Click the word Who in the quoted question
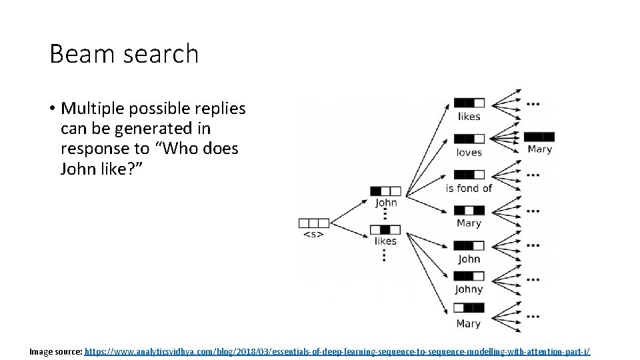(x=181, y=148)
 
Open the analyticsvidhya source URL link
(x=337, y=351)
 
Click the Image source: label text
(x=56, y=351)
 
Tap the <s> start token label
(x=313, y=235)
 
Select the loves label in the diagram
(x=469, y=152)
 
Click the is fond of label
(x=469, y=188)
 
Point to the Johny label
(x=469, y=289)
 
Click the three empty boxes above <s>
(x=313, y=223)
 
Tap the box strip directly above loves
(x=469, y=139)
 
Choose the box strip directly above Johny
(x=469, y=276)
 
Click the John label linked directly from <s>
(x=386, y=203)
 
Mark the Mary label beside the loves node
(x=539, y=149)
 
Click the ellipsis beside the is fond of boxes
(x=533, y=175)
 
